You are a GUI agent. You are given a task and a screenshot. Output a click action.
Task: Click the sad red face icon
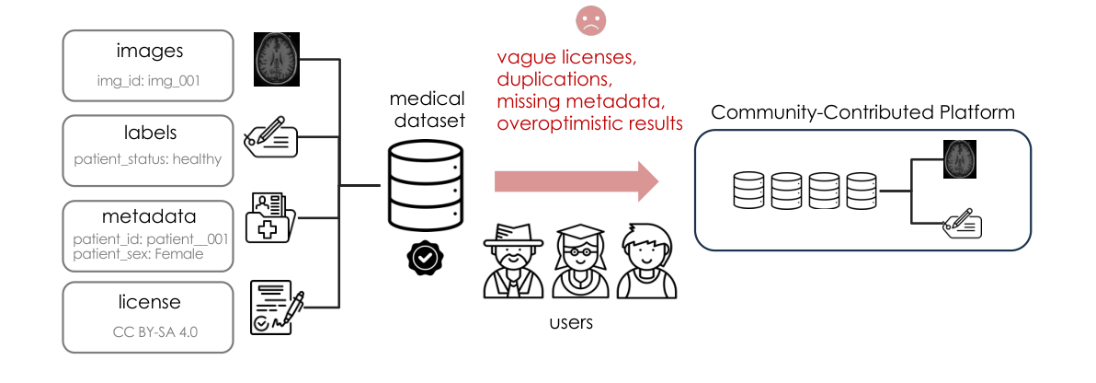(x=584, y=21)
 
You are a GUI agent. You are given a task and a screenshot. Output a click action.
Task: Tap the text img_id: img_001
(x=149, y=80)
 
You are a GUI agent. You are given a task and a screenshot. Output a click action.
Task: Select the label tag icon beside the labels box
(x=271, y=138)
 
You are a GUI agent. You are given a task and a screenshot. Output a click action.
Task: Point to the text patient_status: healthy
(x=148, y=159)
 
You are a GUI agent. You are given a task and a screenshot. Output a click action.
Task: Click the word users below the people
(x=570, y=323)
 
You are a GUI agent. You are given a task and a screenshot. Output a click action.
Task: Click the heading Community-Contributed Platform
(x=862, y=113)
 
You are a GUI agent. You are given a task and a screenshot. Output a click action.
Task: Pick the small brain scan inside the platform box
(x=959, y=159)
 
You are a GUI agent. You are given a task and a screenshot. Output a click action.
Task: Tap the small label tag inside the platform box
(x=962, y=224)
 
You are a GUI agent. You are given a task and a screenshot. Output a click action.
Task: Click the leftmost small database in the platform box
(x=748, y=191)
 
